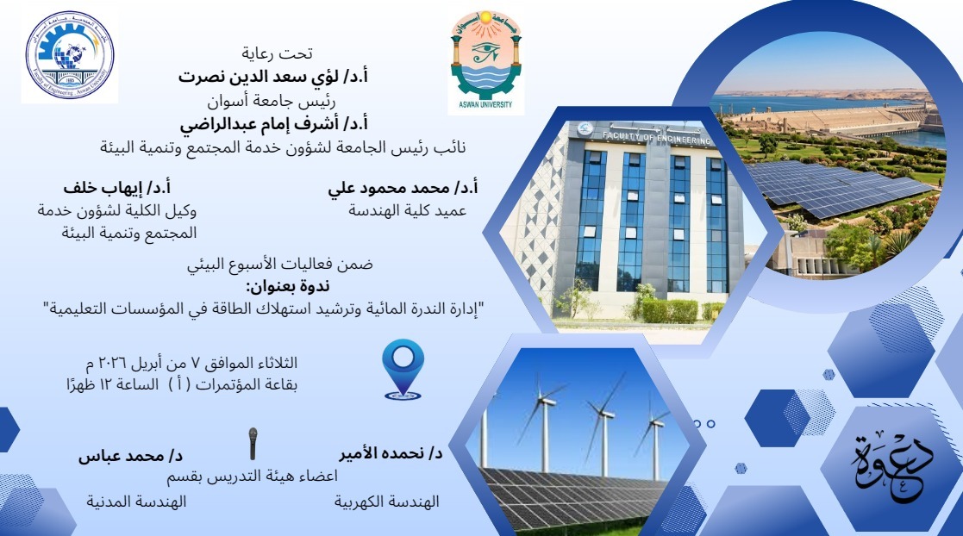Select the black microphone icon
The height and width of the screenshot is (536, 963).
click(253, 443)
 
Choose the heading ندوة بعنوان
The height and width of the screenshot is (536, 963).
click(287, 287)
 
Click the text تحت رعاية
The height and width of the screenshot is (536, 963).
click(277, 54)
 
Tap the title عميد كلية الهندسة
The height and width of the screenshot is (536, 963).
click(407, 210)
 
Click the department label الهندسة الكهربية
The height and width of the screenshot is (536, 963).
click(387, 502)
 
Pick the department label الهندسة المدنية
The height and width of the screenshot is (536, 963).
click(135, 502)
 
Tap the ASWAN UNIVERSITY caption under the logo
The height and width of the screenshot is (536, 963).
click(485, 105)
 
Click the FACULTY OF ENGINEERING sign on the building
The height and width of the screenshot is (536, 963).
click(656, 138)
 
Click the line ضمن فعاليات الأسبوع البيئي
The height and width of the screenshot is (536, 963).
click(280, 265)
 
